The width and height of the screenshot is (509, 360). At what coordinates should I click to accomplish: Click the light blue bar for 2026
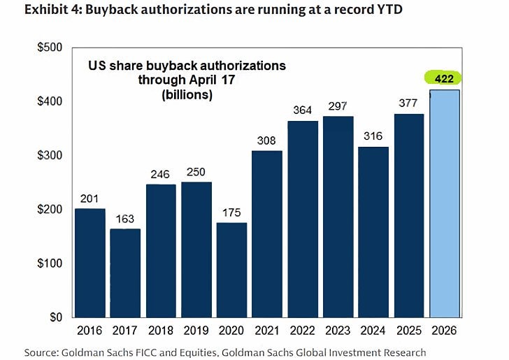click(445, 203)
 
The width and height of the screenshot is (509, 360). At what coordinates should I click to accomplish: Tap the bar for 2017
click(126, 273)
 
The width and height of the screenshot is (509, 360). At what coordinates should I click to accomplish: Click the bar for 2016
click(90, 262)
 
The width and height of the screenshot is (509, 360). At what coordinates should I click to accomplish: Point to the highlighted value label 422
click(444, 78)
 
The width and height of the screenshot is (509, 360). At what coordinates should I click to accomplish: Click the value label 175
click(232, 213)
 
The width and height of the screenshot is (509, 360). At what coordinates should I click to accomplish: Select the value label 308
click(267, 141)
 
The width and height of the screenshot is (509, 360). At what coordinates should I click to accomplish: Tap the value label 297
click(338, 106)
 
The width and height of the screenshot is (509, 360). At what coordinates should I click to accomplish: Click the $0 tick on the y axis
click(55, 317)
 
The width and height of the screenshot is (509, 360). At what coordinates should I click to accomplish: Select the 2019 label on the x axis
click(196, 331)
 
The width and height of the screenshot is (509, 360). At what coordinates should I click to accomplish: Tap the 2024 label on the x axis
click(373, 331)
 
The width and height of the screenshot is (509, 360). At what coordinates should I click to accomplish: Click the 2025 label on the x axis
click(409, 331)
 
